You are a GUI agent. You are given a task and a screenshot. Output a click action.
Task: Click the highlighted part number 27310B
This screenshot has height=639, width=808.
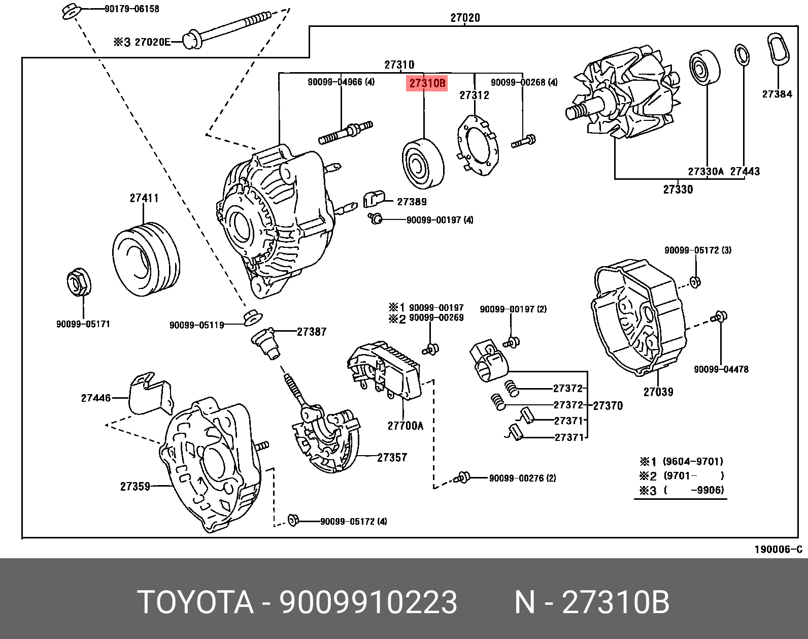click(x=426, y=83)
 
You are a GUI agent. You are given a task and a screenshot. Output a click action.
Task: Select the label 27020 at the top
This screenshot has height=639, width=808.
click(x=464, y=18)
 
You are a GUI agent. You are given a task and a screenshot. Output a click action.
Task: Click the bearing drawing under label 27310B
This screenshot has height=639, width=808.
click(x=423, y=162)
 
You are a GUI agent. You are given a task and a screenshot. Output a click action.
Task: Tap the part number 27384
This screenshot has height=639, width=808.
click(x=777, y=94)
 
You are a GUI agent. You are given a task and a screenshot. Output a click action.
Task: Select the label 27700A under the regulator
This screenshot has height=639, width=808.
click(x=405, y=426)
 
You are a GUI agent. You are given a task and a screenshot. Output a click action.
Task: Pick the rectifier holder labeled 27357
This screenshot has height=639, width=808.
click(x=325, y=437)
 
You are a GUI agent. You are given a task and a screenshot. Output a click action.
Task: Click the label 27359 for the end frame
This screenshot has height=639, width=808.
click(x=135, y=487)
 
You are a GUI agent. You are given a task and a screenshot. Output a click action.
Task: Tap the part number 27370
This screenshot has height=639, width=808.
click(x=608, y=405)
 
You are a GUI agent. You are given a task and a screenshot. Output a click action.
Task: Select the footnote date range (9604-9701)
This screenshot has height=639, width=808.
click(x=693, y=462)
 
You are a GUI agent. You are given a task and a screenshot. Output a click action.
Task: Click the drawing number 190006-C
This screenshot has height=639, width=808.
click(x=778, y=550)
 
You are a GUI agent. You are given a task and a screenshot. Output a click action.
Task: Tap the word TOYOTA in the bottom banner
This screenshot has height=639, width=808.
click(x=195, y=603)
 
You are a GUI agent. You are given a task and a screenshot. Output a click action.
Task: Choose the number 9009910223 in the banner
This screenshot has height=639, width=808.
click(x=368, y=603)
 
